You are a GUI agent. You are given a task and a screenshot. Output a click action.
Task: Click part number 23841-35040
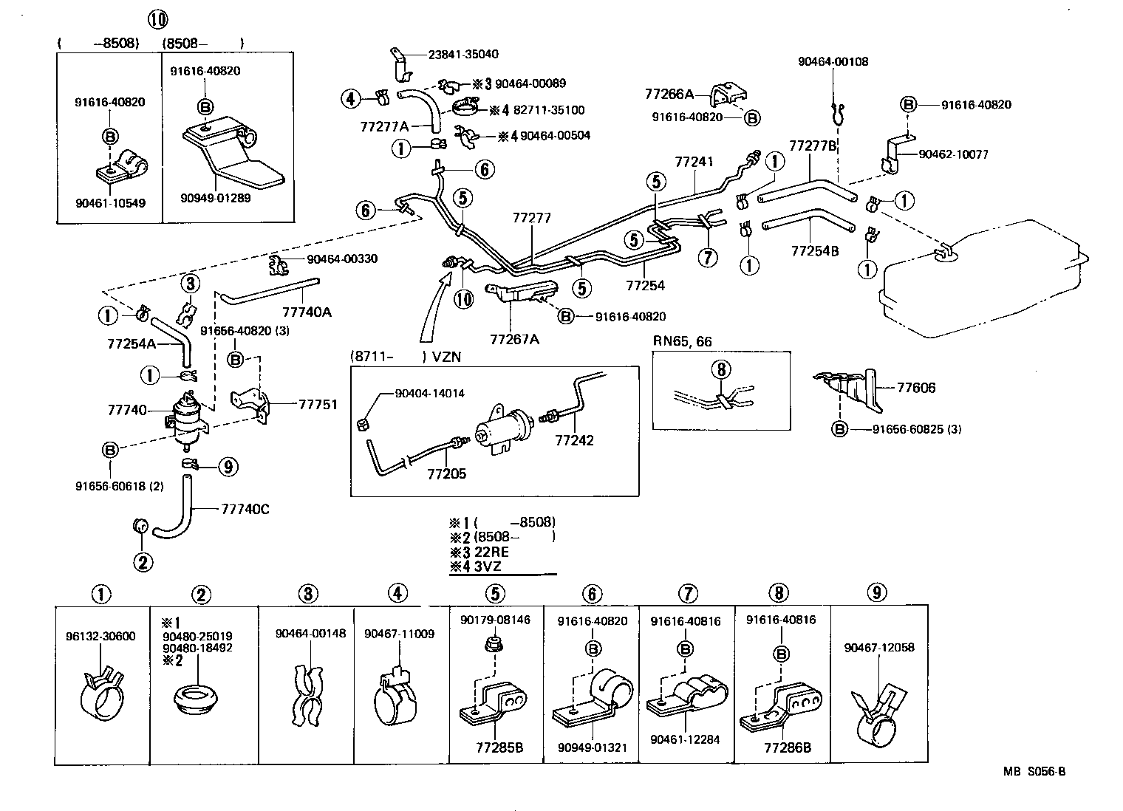[463, 54]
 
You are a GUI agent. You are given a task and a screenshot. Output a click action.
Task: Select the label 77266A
[669, 94]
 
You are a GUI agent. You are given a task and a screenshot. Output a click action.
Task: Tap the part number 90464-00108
[833, 61]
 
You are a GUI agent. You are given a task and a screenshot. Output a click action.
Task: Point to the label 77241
[694, 161]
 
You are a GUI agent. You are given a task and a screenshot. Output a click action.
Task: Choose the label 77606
[916, 388]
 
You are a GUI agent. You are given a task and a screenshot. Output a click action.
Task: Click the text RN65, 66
[683, 341]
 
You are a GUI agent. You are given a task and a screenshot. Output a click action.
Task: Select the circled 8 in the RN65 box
[722, 369]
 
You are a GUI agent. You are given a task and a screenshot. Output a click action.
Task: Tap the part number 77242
[574, 441]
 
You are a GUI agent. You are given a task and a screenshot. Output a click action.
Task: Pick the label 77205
[446, 473]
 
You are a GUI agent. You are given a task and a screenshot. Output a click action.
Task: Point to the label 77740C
[245, 509]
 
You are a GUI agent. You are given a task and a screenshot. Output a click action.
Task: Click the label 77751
[318, 404]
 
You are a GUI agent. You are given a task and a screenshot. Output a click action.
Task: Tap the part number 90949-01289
[214, 197]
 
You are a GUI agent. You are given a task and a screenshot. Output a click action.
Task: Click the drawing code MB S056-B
[1034, 772]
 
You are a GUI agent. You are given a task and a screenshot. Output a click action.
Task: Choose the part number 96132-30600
[100, 636]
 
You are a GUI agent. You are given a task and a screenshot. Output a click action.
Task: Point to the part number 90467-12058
[879, 647]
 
